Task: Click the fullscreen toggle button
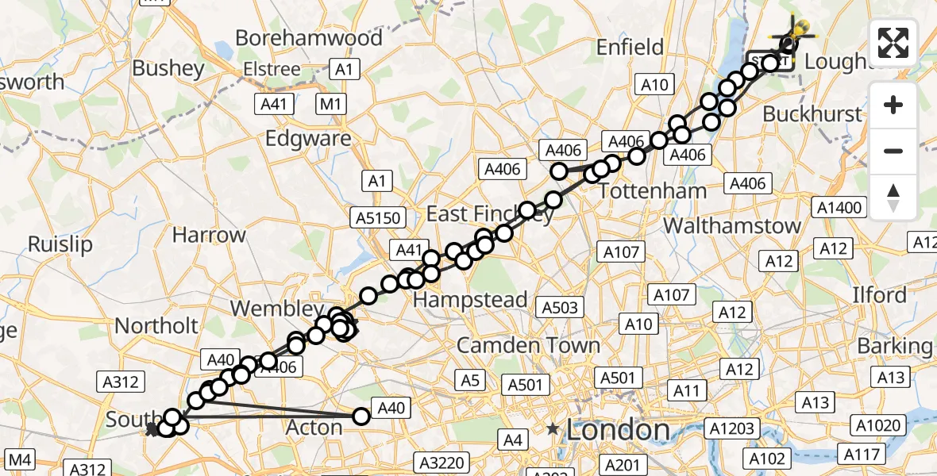point(893,43)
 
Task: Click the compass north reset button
point(893,198)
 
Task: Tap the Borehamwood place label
point(309,37)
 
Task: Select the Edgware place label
point(308,138)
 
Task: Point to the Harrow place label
point(210,235)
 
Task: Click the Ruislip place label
point(60,244)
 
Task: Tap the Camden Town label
point(528,345)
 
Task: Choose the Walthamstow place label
point(732,225)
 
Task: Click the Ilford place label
point(879,295)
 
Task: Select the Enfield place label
point(630,48)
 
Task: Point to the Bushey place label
point(169,68)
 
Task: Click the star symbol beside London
point(553,429)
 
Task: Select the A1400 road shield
point(839,209)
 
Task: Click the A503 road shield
point(560,306)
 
